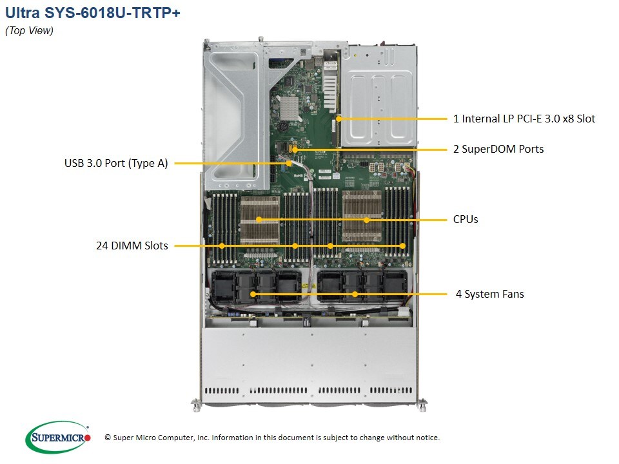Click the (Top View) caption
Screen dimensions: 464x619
tap(29, 31)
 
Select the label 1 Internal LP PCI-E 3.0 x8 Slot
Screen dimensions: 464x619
tap(524, 119)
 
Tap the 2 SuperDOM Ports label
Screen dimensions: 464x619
tap(498, 149)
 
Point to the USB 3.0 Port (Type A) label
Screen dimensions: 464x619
tap(116, 163)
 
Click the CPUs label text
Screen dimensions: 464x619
tap(466, 219)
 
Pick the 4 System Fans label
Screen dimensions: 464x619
tap(489, 294)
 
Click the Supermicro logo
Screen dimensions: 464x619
tap(58, 438)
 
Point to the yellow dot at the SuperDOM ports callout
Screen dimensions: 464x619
tap(295, 150)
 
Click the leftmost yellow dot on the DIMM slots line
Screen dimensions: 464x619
tap(222, 246)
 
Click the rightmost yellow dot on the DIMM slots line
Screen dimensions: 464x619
tap(402, 246)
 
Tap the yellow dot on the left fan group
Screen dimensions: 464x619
tap(253, 294)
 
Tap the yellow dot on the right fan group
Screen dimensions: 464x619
tap(355, 294)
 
